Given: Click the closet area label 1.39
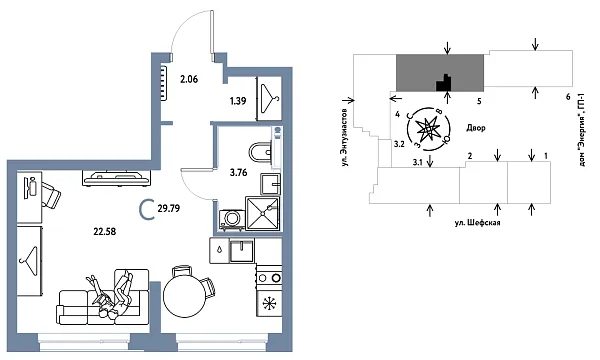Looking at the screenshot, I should [237, 101].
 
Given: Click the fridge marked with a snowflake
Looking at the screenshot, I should [268, 302].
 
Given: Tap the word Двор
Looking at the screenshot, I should [477, 127].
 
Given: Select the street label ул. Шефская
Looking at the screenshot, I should [476, 224].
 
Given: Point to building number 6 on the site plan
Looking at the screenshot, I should [567, 96].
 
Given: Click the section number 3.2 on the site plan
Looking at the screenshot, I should [398, 145].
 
